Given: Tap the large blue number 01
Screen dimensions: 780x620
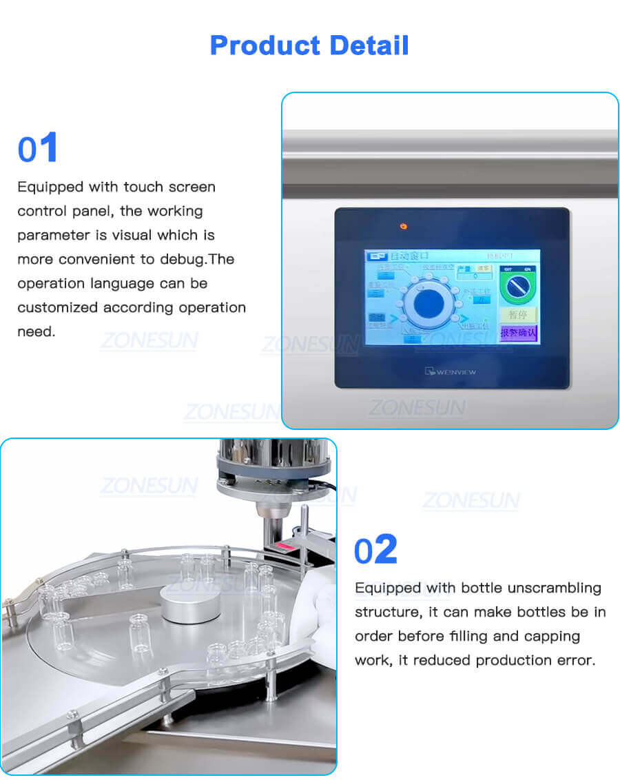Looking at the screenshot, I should tap(38, 149).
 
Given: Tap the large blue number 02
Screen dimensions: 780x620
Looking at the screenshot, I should tap(375, 550).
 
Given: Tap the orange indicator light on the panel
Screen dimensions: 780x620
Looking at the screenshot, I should tap(404, 226).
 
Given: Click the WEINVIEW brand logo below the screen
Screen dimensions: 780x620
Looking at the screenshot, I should tap(451, 372).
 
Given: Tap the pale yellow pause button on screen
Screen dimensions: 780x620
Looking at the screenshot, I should tap(517, 315).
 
